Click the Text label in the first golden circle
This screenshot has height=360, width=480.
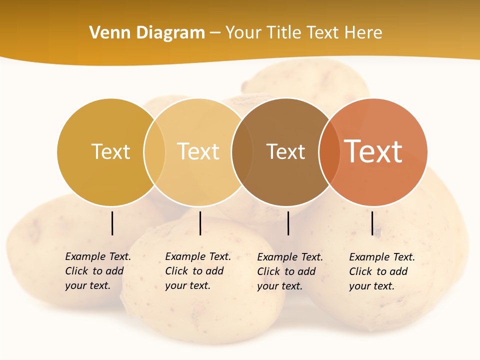tap(110, 151)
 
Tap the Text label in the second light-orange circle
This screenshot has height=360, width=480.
tap(198, 151)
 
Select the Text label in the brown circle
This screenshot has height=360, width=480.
tap(285, 151)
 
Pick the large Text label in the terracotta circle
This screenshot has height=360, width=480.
tap(373, 151)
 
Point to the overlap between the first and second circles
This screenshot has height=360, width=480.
tap(154, 152)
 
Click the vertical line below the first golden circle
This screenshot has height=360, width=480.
tap(112, 223)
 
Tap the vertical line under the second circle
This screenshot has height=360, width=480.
tap(200, 223)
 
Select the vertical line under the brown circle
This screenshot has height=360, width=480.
tap(288, 223)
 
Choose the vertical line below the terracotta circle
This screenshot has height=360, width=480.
tap(372, 223)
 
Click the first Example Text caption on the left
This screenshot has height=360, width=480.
tap(97, 271)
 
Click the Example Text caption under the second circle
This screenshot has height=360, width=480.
tap(197, 271)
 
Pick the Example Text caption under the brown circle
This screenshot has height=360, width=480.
tap(289, 271)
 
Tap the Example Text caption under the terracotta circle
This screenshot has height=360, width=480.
tap(381, 271)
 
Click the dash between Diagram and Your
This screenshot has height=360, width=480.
tap(215, 33)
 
